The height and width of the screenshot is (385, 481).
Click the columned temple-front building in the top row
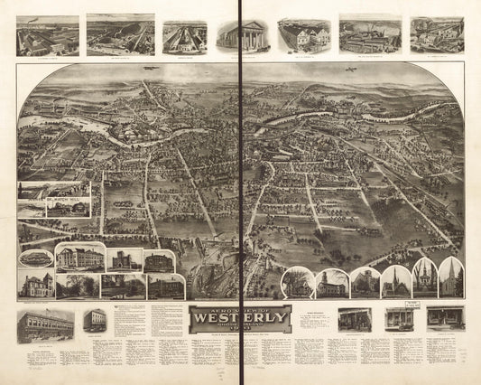click(x=243, y=35)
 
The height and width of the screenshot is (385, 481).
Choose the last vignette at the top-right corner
click(x=437, y=34)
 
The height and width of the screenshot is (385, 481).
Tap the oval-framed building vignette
click(x=35, y=258)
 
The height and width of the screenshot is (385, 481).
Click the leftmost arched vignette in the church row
click(x=296, y=283)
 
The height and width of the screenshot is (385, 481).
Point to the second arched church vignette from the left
click(x=331, y=283)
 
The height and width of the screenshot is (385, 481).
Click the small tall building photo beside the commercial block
click(x=94, y=320)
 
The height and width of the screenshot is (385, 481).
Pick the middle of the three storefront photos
click(x=398, y=318)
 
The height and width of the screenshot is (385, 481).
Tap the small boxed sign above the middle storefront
click(x=398, y=303)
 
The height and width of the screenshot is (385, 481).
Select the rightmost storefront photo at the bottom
click(x=445, y=317)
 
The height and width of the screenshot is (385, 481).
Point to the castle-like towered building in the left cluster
click(x=122, y=261)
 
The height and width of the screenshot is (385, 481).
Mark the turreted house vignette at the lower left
click(x=35, y=285)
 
